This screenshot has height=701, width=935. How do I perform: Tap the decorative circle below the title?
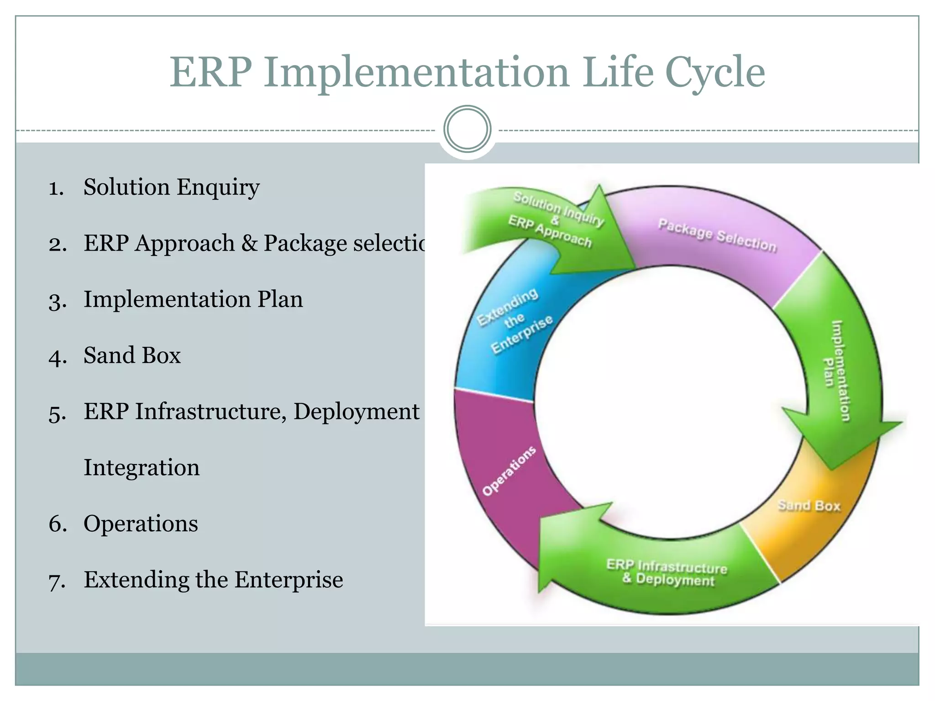tap(467, 129)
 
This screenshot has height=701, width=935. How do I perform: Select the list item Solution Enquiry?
tap(171, 187)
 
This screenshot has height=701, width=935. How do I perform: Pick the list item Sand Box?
tap(132, 356)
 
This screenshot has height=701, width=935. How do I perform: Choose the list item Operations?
tap(141, 523)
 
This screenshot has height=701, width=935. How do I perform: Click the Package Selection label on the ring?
tap(717, 235)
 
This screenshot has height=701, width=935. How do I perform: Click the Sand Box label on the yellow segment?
tap(809, 506)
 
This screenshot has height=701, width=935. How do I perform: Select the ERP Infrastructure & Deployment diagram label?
tap(667, 573)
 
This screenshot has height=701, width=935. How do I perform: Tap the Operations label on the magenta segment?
tap(509, 471)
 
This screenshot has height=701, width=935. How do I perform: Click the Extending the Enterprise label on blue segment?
tap(515, 320)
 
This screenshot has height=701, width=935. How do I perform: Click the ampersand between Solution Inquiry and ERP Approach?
tap(555, 220)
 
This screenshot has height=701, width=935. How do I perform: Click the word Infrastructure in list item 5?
tap(210, 412)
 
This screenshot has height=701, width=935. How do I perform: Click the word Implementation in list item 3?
tap(167, 300)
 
